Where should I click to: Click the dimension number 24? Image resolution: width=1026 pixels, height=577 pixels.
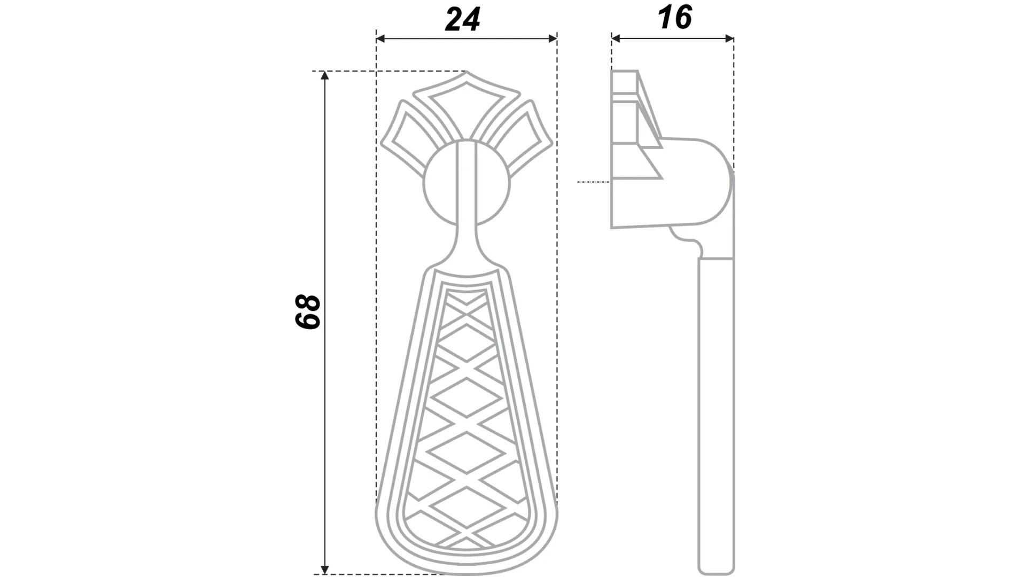(x=462, y=20)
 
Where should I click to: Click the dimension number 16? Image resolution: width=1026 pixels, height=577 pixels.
(x=675, y=18)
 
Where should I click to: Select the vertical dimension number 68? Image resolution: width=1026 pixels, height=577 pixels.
(x=308, y=311)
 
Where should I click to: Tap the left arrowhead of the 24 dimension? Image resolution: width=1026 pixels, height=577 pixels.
(x=380, y=38)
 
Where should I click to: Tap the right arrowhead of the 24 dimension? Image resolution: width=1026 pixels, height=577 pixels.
(x=553, y=38)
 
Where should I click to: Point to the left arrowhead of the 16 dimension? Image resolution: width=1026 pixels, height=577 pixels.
(x=616, y=38)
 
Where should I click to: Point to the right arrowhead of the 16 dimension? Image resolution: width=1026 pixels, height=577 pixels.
(x=729, y=38)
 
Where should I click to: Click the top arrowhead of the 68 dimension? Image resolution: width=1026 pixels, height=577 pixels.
(x=324, y=75)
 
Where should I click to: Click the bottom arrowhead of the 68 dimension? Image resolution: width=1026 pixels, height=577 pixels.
(x=324, y=570)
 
